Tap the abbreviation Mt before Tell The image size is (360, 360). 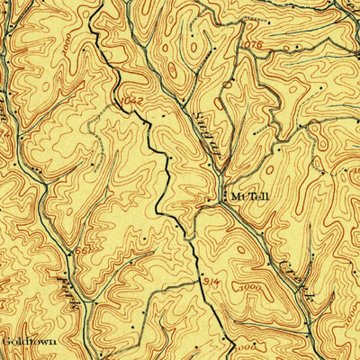(x=237, y=194)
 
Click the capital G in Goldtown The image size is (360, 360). (x=5, y=342)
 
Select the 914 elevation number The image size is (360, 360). (x=209, y=282)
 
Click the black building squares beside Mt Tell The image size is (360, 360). (x=224, y=194)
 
